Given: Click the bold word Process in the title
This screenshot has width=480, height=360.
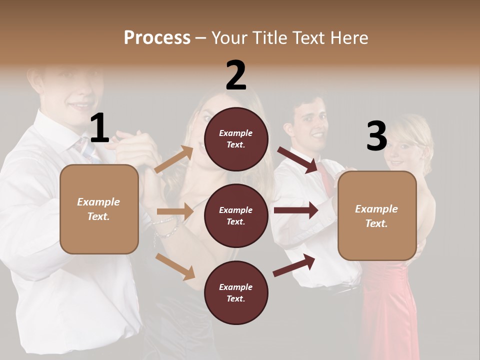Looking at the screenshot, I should pyautogui.click(x=157, y=38).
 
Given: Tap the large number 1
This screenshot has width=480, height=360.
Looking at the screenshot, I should pyautogui.click(x=99, y=128).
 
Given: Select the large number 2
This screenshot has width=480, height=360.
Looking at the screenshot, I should pyautogui.click(x=236, y=75).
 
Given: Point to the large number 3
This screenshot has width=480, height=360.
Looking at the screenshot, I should pyautogui.click(x=376, y=136).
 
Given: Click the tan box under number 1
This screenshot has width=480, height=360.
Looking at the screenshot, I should pyautogui.click(x=99, y=209).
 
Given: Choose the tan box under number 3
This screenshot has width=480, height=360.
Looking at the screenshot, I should pyautogui.click(x=377, y=216).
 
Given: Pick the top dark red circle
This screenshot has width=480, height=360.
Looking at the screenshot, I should pyautogui.click(x=236, y=139).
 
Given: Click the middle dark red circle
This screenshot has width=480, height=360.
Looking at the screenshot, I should pyautogui.click(x=236, y=215).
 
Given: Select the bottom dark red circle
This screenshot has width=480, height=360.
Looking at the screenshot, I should pyautogui.click(x=236, y=292).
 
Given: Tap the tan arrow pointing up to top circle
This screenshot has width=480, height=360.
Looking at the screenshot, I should pyautogui.click(x=174, y=159).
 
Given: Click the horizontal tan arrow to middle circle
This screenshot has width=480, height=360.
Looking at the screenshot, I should pyautogui.click(x=175, y=211).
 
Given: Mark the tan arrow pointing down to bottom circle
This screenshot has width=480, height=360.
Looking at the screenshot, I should pyautogui.click(x=175, y=266).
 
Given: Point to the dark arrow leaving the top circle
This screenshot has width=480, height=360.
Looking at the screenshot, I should pyautogui.click(x=298, y=159).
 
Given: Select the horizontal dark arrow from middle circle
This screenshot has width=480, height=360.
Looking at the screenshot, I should pyautogui.click(x=296, y=210).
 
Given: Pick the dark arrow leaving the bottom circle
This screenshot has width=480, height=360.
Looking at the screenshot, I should pyautogui.click(x=294, y=265).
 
